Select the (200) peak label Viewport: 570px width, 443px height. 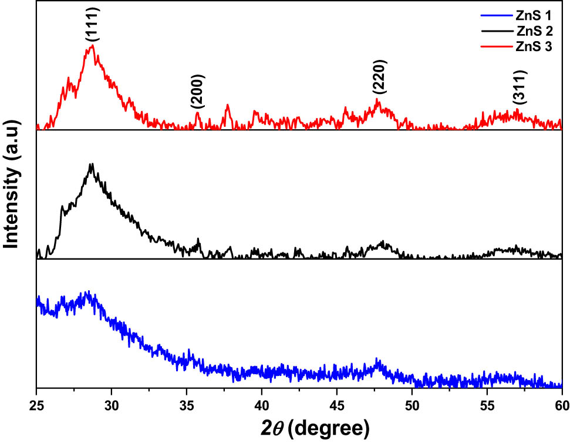(x=198, y=92)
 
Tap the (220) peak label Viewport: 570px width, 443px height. (x=380, y=77)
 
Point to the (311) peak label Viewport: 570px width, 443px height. (x=520, y=87)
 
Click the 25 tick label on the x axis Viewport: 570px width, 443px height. (x=36, y=405)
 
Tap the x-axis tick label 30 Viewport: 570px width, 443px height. (x=112, y=405)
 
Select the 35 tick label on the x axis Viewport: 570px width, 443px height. (x=187, y=405)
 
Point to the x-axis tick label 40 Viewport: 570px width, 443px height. (x=262, y=405)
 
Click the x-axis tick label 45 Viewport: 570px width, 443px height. (x=337, y=405)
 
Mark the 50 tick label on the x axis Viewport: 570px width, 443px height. (x=412, y=405)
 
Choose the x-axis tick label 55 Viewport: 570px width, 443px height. (x=487, y=405)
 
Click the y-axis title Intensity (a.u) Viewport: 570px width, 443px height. (x=13, y=194)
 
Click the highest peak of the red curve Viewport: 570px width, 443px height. (x=92, y=46)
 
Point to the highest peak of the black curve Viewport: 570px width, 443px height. (x=91, y=164)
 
